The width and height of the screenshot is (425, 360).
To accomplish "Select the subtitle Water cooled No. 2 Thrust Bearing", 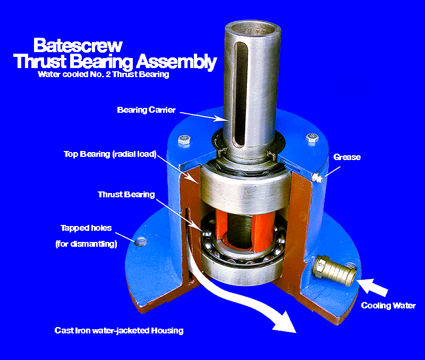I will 103,74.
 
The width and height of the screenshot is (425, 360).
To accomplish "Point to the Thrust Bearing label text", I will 126,195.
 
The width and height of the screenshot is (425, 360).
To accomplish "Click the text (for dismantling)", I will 86,244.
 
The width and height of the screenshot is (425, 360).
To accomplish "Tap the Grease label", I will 346,157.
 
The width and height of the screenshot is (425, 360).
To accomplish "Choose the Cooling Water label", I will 388,306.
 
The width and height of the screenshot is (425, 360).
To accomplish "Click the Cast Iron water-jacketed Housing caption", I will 119,330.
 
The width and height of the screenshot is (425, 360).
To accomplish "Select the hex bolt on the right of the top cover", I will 312,140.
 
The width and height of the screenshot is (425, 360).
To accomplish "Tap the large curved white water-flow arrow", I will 250,303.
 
